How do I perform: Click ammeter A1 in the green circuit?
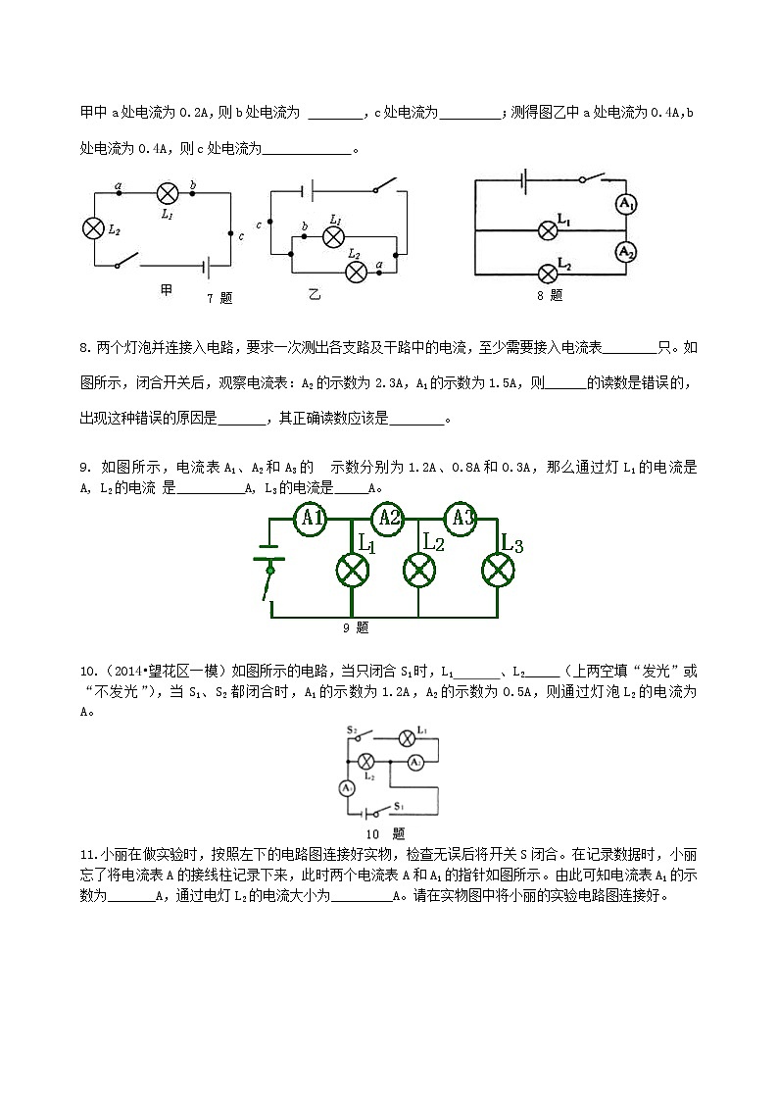click(x=312, y=518)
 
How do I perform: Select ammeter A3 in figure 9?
click(x=461, y=518)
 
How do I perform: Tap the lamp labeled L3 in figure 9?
click(x=498, y=570)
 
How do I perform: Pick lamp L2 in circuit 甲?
click(x=93, y=227)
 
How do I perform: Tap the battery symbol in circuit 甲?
click(x=206, y=265)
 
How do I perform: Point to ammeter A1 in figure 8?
click(x=626, y=204)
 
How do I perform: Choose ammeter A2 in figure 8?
click(x=626, y=252)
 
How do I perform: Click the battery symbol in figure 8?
click(x=526, y=179)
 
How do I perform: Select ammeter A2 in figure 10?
click(x=415, y=762)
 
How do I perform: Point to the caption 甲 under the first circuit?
click(x=166, y=291)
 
